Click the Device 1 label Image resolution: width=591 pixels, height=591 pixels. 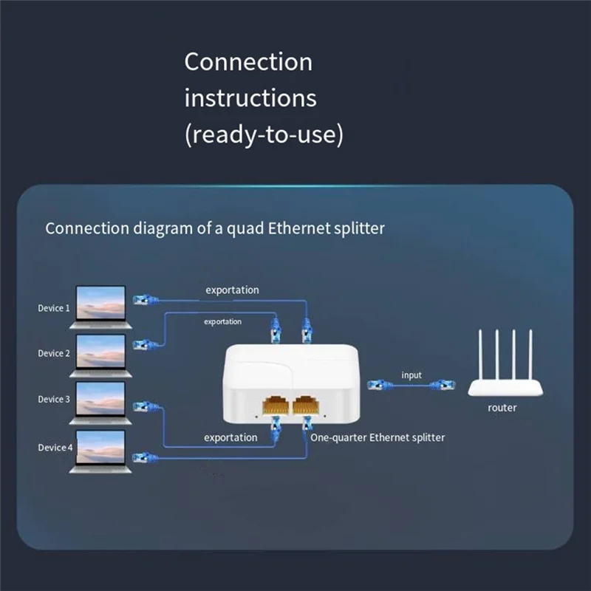(x=55, y=308)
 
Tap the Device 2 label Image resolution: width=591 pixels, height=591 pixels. (x=55, y=353)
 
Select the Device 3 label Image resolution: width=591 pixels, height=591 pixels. (x=55, y=399)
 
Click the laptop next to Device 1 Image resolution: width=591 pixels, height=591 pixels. (x=103, y=306)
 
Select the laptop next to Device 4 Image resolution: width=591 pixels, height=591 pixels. (x=103, y=451)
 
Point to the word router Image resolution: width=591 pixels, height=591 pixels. (x=502, y=408)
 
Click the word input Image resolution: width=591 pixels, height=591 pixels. (x=411, y=375)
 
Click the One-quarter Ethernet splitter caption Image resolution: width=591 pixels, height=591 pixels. (x=378, y=437)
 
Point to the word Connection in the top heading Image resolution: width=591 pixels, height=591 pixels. (x=248, y=61)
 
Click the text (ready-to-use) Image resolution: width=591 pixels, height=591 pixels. (x=264, y=135)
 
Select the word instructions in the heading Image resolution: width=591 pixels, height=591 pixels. (x=250, y=98)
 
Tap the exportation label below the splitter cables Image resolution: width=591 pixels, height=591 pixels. (x=230, y=437)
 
